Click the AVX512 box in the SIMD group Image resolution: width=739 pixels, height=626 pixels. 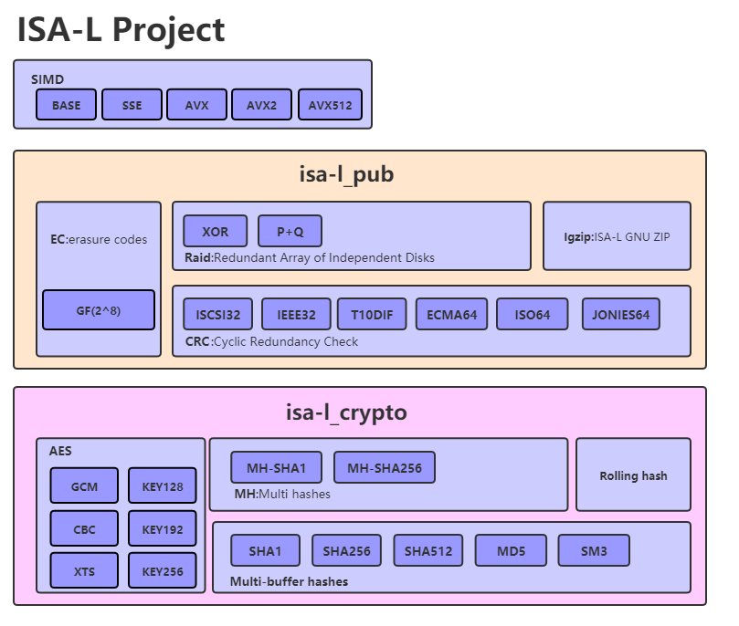pyautogui.click(x=330, y=105)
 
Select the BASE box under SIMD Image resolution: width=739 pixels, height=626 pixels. pyautogui.click(x=66, y=105)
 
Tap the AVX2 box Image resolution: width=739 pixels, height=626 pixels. pyautogui.click(x=261, y=105)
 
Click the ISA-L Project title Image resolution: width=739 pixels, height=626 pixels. pyautogui.click(x=121, y=30)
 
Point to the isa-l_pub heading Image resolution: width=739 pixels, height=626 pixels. pyautogui.click(x=346, y=174)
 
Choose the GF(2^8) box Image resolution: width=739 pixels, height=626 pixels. pyautogui.click(x=99, y=310)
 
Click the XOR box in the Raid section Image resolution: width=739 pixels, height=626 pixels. pyautogui.click(x=216, y=232)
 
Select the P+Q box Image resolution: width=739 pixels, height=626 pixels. pyautogui.click(x=290, y=232)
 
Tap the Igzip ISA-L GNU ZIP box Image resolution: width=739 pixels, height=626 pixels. pyautogui.click(x=617, y=236)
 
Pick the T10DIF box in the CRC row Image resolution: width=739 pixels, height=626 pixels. pyautogui.click(x=371, y=315)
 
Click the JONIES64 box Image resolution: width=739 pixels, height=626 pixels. pyautogui.click(x=620, y=315)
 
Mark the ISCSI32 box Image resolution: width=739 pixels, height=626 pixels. pyautogui.click(x=217, y=315)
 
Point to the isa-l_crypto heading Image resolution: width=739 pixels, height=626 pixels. pyautogui.click(x=346, y=412)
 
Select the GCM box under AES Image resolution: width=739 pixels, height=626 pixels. pyautogui.click(x=84, y=486)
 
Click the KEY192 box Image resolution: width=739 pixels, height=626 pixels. pyautogui.click(x=163, y=528)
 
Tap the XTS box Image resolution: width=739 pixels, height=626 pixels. pyautogui.click(x=84, y=571)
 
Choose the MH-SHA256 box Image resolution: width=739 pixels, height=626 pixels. pyautogui.click(x=385, y=468)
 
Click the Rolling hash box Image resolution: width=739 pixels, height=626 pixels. pyautogui.click(x=633, y=475)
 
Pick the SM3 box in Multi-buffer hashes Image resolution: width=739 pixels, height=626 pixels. pyautogui.click(x=594, y=551)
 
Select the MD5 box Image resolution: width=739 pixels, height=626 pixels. pyautogui.click(x=511, y=551)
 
